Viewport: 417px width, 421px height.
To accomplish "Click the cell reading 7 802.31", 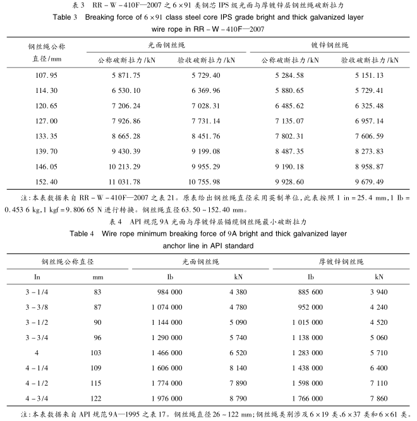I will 287,135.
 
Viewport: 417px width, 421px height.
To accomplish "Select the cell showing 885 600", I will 294,293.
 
